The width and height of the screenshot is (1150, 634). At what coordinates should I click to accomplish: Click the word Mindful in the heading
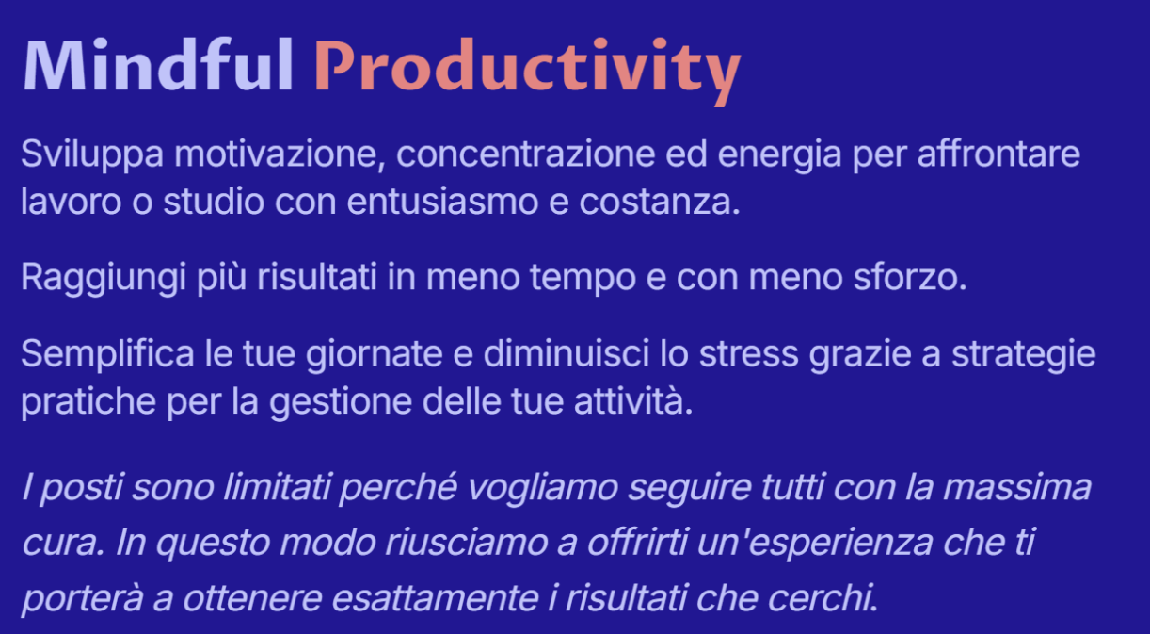coord(158,65)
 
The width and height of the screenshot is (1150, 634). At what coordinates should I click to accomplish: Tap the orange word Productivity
coord(528,72)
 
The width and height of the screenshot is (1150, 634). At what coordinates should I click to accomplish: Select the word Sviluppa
coord(92,154)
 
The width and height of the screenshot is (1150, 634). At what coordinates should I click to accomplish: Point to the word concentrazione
coord(525,154)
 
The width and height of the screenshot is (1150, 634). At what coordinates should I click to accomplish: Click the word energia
coord(779,155)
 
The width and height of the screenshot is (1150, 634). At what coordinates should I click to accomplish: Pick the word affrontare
coord(998,154)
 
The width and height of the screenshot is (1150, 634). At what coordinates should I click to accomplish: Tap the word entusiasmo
coord(442,201)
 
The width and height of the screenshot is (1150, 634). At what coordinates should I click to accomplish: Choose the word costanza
coord(660,202)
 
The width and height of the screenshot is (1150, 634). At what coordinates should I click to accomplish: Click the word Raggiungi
coord(104,279)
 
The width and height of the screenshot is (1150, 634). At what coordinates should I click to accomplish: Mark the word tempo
coord(583,279)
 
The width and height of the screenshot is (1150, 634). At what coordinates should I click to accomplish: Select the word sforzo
coord(910,278)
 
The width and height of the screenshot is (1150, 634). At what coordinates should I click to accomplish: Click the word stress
coord(748,354)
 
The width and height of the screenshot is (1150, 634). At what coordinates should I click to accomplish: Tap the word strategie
coord(1024,355)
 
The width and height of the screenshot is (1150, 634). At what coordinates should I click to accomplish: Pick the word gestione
coord(341,402)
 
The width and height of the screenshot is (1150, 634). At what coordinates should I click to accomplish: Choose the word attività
coord(633,400)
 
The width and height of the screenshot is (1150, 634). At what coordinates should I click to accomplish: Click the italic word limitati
coord(278,486)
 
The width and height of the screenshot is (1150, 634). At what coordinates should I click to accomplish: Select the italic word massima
coord(1017,487)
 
